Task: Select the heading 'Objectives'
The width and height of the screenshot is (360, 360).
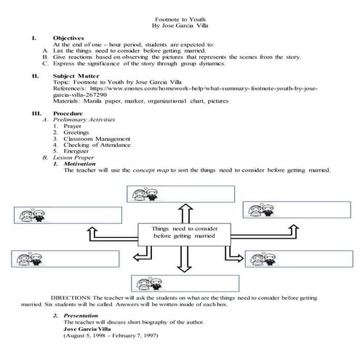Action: pos(69,37)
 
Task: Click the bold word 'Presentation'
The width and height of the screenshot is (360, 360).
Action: pos(81,316)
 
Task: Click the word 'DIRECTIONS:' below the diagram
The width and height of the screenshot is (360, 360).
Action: pos(70,298)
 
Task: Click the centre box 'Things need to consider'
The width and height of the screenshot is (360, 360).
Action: pos(180,232)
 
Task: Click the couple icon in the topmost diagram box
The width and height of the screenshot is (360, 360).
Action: pos(140,193)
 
